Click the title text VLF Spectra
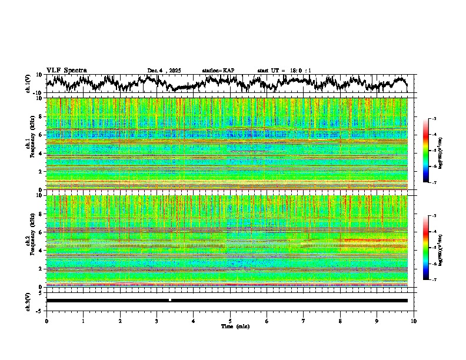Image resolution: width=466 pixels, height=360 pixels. [66, 71]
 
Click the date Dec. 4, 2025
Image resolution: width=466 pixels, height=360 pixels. [164, 71]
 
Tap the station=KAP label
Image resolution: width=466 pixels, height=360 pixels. [218, 71]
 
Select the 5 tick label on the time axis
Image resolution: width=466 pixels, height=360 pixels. [230, 321]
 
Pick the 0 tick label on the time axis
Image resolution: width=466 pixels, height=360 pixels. [46, 321]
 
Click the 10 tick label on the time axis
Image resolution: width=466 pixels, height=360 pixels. [414, 321]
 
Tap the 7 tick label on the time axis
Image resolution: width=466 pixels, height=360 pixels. [304, 321]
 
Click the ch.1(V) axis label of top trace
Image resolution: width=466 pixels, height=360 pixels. [28, 84]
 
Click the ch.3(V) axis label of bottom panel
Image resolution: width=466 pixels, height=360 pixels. [28, 301]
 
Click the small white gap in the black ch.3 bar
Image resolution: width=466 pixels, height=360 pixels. [170, 301]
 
